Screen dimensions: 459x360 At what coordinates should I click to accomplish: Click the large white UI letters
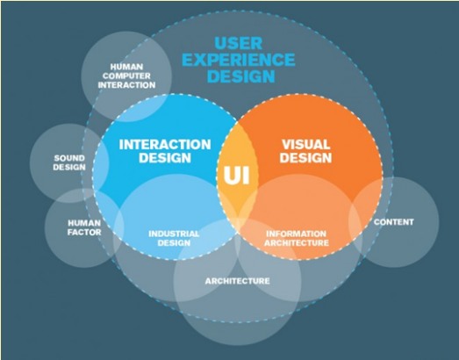tap(237, 175)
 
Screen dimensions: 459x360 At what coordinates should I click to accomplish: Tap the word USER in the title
tap(239, 43)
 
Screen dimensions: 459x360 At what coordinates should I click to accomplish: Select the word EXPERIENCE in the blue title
tap(239, 60)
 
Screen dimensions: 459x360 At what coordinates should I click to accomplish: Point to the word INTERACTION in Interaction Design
tap(165, 144)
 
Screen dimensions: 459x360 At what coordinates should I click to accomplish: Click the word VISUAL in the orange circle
tap(305, 144)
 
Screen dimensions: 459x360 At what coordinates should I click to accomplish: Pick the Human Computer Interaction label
tap(126, 76)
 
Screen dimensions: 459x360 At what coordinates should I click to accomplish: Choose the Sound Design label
tap(69, 162)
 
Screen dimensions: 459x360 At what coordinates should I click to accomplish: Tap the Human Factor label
tap(84, 227)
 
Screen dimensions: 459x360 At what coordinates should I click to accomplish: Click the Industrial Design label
tap(174, 238)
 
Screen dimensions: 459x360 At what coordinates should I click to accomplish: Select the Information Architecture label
tap(297, 238)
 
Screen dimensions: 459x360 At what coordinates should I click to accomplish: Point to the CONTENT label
tap(394, 222)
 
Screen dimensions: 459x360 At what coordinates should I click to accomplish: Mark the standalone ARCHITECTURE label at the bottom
tap(238, 281)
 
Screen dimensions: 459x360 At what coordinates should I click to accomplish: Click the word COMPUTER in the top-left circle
tap(126, 76)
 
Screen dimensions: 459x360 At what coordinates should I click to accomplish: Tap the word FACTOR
tap(84, 233)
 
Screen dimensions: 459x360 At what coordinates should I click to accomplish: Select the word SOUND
tap(69, 158)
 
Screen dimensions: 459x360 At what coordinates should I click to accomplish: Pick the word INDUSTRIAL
tap(174, 234)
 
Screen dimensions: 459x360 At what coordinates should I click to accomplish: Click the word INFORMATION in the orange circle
tap(296, 234)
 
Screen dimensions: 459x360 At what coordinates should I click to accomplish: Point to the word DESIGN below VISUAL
tap(305, 157)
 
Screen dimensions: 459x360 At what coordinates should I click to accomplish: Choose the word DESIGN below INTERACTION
tap(165, 157)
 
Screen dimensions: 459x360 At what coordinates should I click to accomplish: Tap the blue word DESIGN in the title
tap(241, 76)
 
